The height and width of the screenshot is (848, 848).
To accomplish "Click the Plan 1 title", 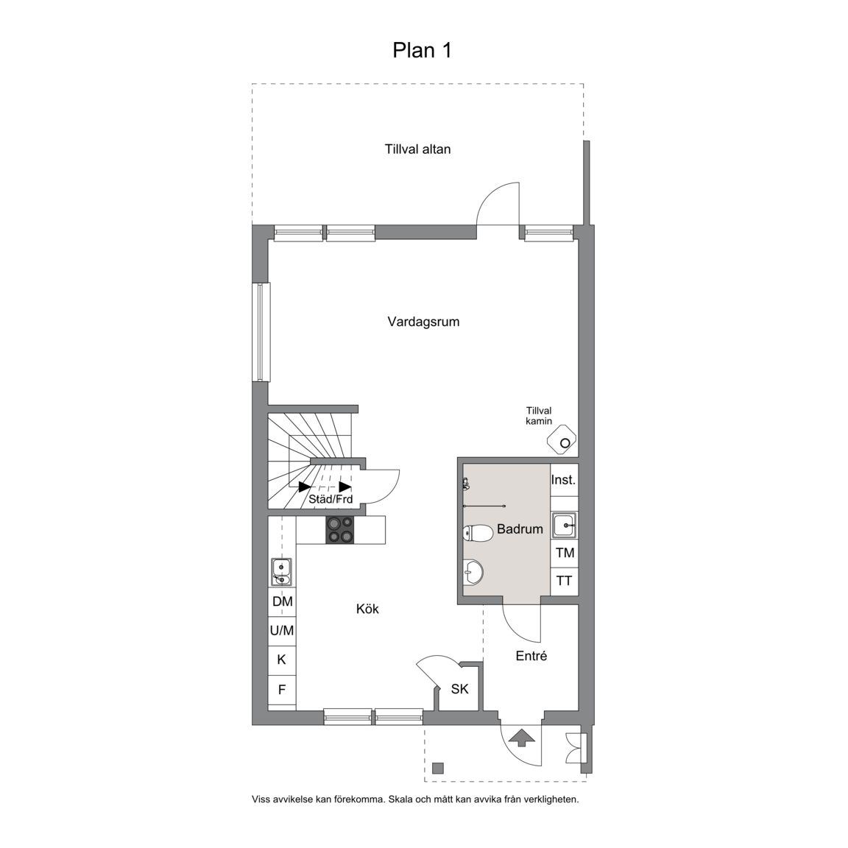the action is pyautogui.click(x=422, y=50).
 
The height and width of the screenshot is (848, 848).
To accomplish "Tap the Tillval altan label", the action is pyautogui.click(x=417, y=149).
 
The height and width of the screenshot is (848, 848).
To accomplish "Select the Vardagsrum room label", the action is pyautogui.click(x=423, y=322).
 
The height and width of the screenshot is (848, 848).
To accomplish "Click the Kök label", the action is pyautogui.click(x=367, y=609).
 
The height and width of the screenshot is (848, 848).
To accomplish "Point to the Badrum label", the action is pyautogui.click(x=520, y=529).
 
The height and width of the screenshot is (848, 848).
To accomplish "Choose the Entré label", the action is pyautogui.click(x=531, y=656).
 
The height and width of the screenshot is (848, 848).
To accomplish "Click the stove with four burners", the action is pyautogui.click(x=339, y=530).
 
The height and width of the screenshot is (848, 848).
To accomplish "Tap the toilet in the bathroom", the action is pyautogui.click(x=478, y=533).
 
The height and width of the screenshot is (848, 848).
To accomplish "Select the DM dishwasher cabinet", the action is pyautogui.click(x=283, y=601).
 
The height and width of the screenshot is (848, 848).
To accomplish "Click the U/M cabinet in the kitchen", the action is pyautogui.click(x=283, y=631).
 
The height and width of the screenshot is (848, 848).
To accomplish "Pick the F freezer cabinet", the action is pyautogui.click(x=283, y=690).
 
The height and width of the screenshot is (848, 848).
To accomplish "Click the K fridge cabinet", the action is pyautogui.click(x=283, y=660).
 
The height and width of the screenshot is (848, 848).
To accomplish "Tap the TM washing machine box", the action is pyautogui.click(x=565, y=554).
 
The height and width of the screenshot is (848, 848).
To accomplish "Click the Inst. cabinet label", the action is pyautogui.click(x=564, y=480).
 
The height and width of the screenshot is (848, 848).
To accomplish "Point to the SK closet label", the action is pyautogui.click(x=459, y=689).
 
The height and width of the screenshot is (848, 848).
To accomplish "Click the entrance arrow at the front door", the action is pyautogui.click(x=522, y=738).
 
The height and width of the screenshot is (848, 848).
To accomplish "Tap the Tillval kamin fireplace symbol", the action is pyautogui.click(x=562, y=439).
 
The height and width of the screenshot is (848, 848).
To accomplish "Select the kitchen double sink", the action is pyautogui.click(x=282, y=572).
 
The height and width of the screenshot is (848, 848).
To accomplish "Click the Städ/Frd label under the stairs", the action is pyautogui.click(x=331, y=498).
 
